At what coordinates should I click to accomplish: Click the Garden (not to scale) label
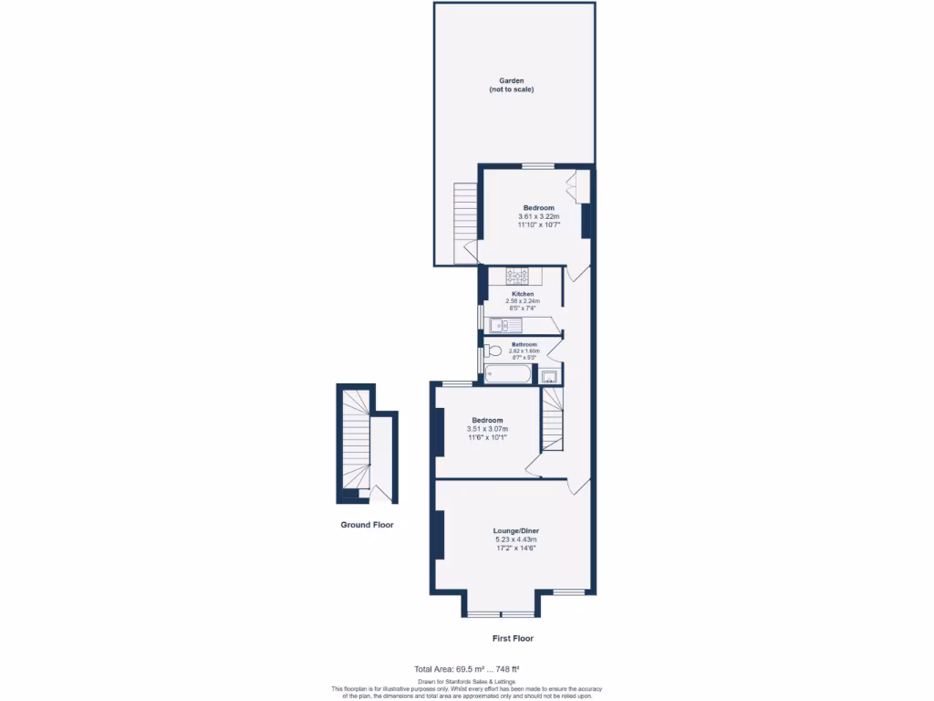(511, 85)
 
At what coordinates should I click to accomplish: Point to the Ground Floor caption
(367, 525)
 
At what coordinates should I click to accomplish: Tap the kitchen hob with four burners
(518, 275)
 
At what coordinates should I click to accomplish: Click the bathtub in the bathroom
(506, 373)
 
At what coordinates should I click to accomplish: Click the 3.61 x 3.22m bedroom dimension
(538, 216)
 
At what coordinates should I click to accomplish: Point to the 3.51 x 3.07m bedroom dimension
(487, 429)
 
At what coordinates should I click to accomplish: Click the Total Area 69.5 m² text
(466, 669)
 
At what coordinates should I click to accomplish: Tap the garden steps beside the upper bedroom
(465, 212)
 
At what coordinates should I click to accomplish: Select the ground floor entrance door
(383, 495)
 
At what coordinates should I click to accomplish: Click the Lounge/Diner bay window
(500, 613)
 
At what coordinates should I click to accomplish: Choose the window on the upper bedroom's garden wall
(538, 166)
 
